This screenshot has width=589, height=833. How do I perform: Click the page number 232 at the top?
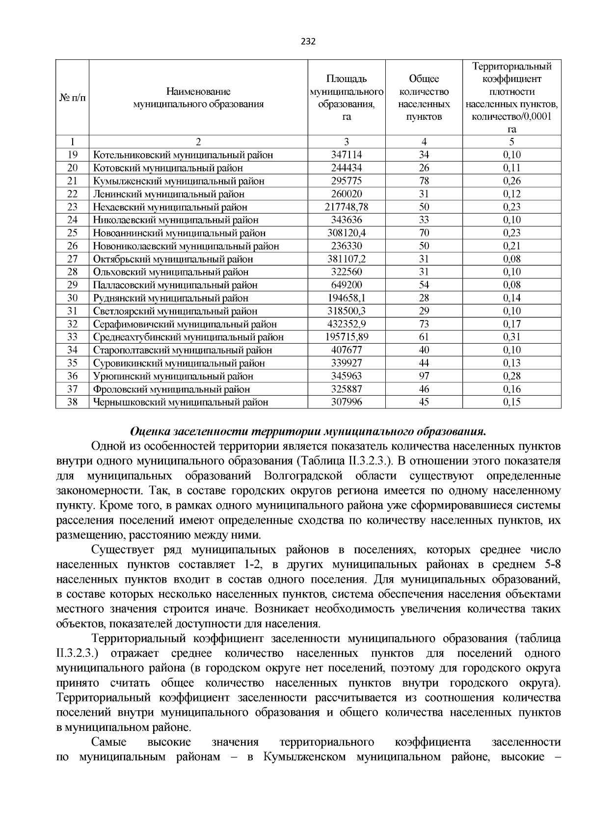307,41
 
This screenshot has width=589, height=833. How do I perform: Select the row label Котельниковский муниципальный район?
183,155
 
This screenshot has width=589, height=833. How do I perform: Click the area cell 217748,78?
347,207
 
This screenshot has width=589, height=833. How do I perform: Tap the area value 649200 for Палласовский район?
347,285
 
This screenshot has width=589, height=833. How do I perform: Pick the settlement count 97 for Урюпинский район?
424,376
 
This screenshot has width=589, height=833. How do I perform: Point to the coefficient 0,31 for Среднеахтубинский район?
511,337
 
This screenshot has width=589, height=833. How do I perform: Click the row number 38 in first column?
72,402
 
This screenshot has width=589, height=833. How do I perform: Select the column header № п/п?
72,97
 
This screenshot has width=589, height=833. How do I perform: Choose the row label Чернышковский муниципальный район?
181,402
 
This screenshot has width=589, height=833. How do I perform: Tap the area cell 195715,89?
347,337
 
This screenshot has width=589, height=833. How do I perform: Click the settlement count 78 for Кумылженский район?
424,181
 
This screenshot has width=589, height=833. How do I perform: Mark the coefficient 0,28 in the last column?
511,376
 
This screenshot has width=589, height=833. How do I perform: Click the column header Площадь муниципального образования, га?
347,97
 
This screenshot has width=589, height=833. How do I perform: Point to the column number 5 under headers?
511,142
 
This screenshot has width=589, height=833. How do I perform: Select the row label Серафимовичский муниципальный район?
185,324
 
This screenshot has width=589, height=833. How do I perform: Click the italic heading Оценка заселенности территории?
308,432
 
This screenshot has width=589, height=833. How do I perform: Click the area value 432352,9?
347,324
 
